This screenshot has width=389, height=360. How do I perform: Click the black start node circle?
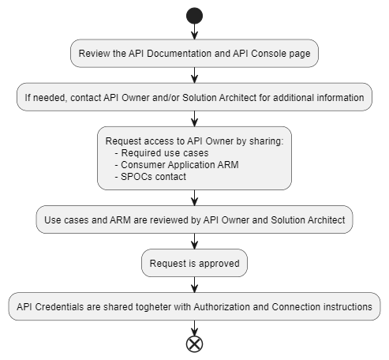click(x=194, y=16)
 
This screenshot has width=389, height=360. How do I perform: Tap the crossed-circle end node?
click(x=194, y=344)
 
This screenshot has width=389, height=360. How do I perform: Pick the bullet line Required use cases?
click(x=162, y=153)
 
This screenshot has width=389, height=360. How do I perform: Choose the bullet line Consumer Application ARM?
click(x=177, y=165)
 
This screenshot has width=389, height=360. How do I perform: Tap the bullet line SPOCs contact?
click(x=151, y=177)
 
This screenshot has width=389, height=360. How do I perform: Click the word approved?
click(x=218, y=264)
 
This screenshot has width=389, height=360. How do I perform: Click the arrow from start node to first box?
click(x=194, y=32)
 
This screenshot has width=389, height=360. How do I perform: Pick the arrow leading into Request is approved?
click(x=194, y=242)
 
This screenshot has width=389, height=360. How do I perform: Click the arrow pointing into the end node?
click(x=194, y=328)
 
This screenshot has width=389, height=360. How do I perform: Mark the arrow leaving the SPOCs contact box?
click(x=194, y=198)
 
